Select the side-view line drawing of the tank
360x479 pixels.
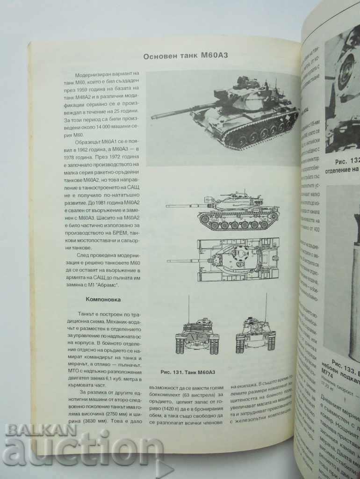tap(223, 211)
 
